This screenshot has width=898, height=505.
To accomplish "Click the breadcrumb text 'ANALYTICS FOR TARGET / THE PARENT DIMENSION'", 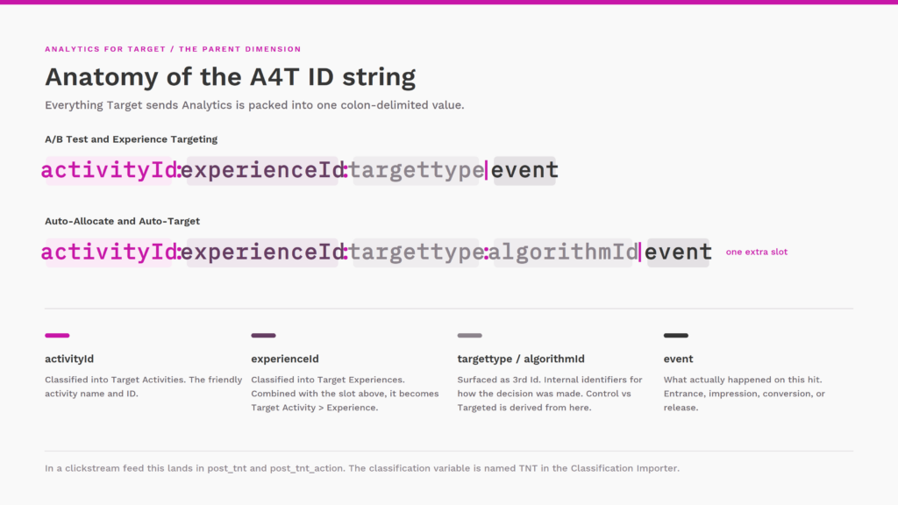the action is [173, 49].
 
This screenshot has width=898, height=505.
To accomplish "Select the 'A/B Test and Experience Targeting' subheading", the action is [132, 139].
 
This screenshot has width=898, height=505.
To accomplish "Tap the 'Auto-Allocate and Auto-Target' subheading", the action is [122, 221].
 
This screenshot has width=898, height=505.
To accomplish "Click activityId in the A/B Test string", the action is [109, 171].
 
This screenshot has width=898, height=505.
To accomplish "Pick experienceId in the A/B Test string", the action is [262, 171].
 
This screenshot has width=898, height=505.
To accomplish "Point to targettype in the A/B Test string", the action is [416, 171].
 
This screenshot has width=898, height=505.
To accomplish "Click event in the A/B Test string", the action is [524, 171].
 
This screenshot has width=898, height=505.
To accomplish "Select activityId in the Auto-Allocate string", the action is [109, 252].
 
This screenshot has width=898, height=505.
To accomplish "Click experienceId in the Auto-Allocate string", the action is [262, 252].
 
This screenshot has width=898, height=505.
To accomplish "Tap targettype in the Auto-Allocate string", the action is [416, 252].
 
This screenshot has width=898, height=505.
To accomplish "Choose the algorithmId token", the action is [563, 252].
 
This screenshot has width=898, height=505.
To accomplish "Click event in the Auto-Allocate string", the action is [678, 252].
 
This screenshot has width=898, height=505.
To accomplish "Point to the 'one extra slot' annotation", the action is [757, 252].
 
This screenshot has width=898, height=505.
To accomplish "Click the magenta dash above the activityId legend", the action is [57, 336].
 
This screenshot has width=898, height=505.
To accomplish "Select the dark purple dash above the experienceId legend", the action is [263, 336].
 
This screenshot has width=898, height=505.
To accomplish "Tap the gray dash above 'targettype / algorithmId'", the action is [470, 336].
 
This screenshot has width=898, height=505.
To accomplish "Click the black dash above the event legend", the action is [676, 336].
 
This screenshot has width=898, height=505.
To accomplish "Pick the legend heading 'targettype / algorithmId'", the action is [521, 359].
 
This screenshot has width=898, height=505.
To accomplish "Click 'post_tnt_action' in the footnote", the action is [306, 468].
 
